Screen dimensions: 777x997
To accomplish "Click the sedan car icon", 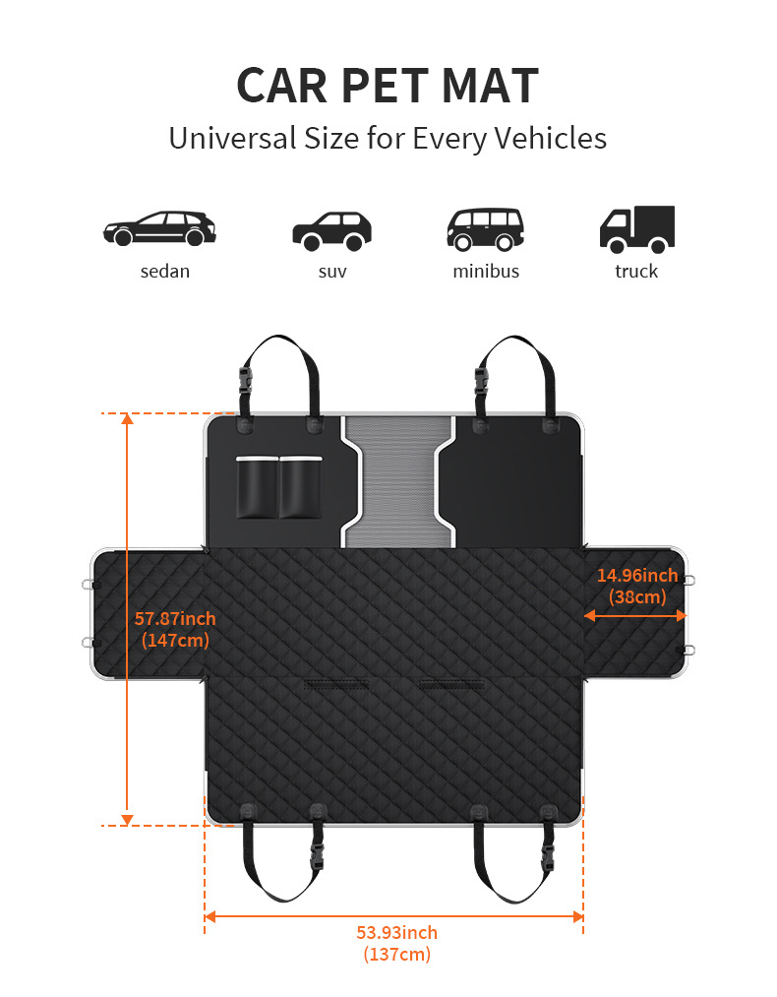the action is pos(159,228).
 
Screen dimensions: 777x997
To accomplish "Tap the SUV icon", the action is pos(331,230).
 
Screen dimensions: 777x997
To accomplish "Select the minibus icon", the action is pos(485,228).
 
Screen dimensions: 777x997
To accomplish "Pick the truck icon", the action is pos(636,228).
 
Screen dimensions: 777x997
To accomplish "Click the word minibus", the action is pos(485,271).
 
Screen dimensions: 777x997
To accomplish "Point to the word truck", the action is pos(636,271).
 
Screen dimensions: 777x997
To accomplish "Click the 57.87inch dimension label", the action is pos(175,619).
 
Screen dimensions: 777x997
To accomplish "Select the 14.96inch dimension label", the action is pos(637,576).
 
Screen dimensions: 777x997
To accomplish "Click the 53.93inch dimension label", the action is pos(396,933).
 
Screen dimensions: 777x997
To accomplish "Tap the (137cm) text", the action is pos(396,954).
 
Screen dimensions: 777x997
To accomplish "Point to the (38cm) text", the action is pos(637,596).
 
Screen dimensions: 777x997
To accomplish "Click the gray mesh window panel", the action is pos(397,480).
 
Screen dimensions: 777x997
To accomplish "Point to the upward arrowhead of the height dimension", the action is pos(127,420).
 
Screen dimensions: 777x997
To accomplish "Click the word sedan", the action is pos(164,271).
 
